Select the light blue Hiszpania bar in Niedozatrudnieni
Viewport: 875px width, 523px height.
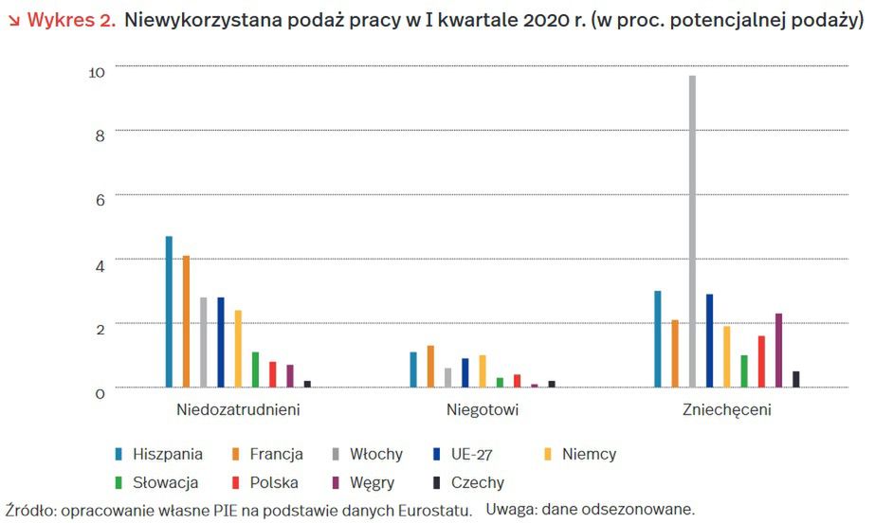(170, 312)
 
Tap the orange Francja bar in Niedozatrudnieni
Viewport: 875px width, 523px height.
(187, 321)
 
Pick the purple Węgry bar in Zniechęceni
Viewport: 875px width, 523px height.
(778, 351)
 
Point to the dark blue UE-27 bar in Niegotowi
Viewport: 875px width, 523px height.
(465, 373)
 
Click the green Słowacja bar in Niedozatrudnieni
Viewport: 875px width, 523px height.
(256, 370)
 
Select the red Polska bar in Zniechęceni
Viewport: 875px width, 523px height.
(761, 361)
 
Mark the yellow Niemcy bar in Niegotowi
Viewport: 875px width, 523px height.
(483, 371)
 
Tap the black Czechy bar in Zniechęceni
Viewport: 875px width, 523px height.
(796, 379)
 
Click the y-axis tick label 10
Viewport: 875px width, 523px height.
(98, 69)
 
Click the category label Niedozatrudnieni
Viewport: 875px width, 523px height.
(238, 411)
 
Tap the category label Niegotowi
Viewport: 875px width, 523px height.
(483, 411)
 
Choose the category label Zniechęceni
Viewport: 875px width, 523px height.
(726, 411)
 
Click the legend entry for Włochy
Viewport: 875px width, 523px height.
(376, 455)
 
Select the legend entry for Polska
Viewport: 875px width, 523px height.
(274, 483)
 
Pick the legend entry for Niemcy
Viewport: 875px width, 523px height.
(589, 455)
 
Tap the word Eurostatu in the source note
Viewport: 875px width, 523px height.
(437, 511)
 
